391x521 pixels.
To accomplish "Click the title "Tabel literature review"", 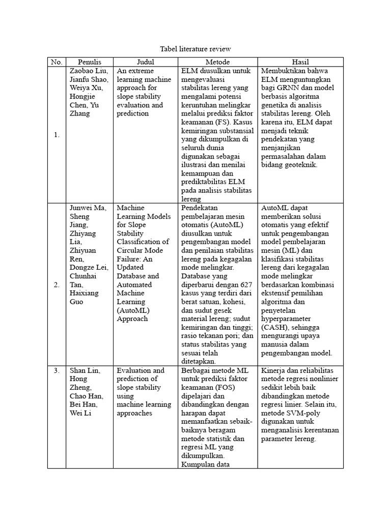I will pyautogui.click(x=195, y=49).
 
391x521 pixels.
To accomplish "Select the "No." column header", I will pyautogui.click(x=56, y=62).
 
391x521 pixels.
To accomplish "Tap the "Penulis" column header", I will pyautogui.click(x=90, y=62).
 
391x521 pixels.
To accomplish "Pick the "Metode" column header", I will pyautogui.click(x=217, y=62).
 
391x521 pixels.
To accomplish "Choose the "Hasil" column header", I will pyautogui.click(x=300, y=62).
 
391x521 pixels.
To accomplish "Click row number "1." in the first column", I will pyautogui.click(x=56, y=135).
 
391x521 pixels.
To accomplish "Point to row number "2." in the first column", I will pyautogui.click(x=56, y=285).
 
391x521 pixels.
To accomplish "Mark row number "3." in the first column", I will pyautogui.click(x=56, y=370).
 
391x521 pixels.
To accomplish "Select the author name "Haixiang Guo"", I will pyautogui.click(x=84, y=298).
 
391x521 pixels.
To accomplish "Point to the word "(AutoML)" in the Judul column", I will pyautogui.click(x=132, y=310).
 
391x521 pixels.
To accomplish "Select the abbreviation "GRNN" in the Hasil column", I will pyautogui.click(x=287, y=88).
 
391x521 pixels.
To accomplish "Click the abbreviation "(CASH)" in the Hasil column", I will pyautogui.click(x=277, y=327).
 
